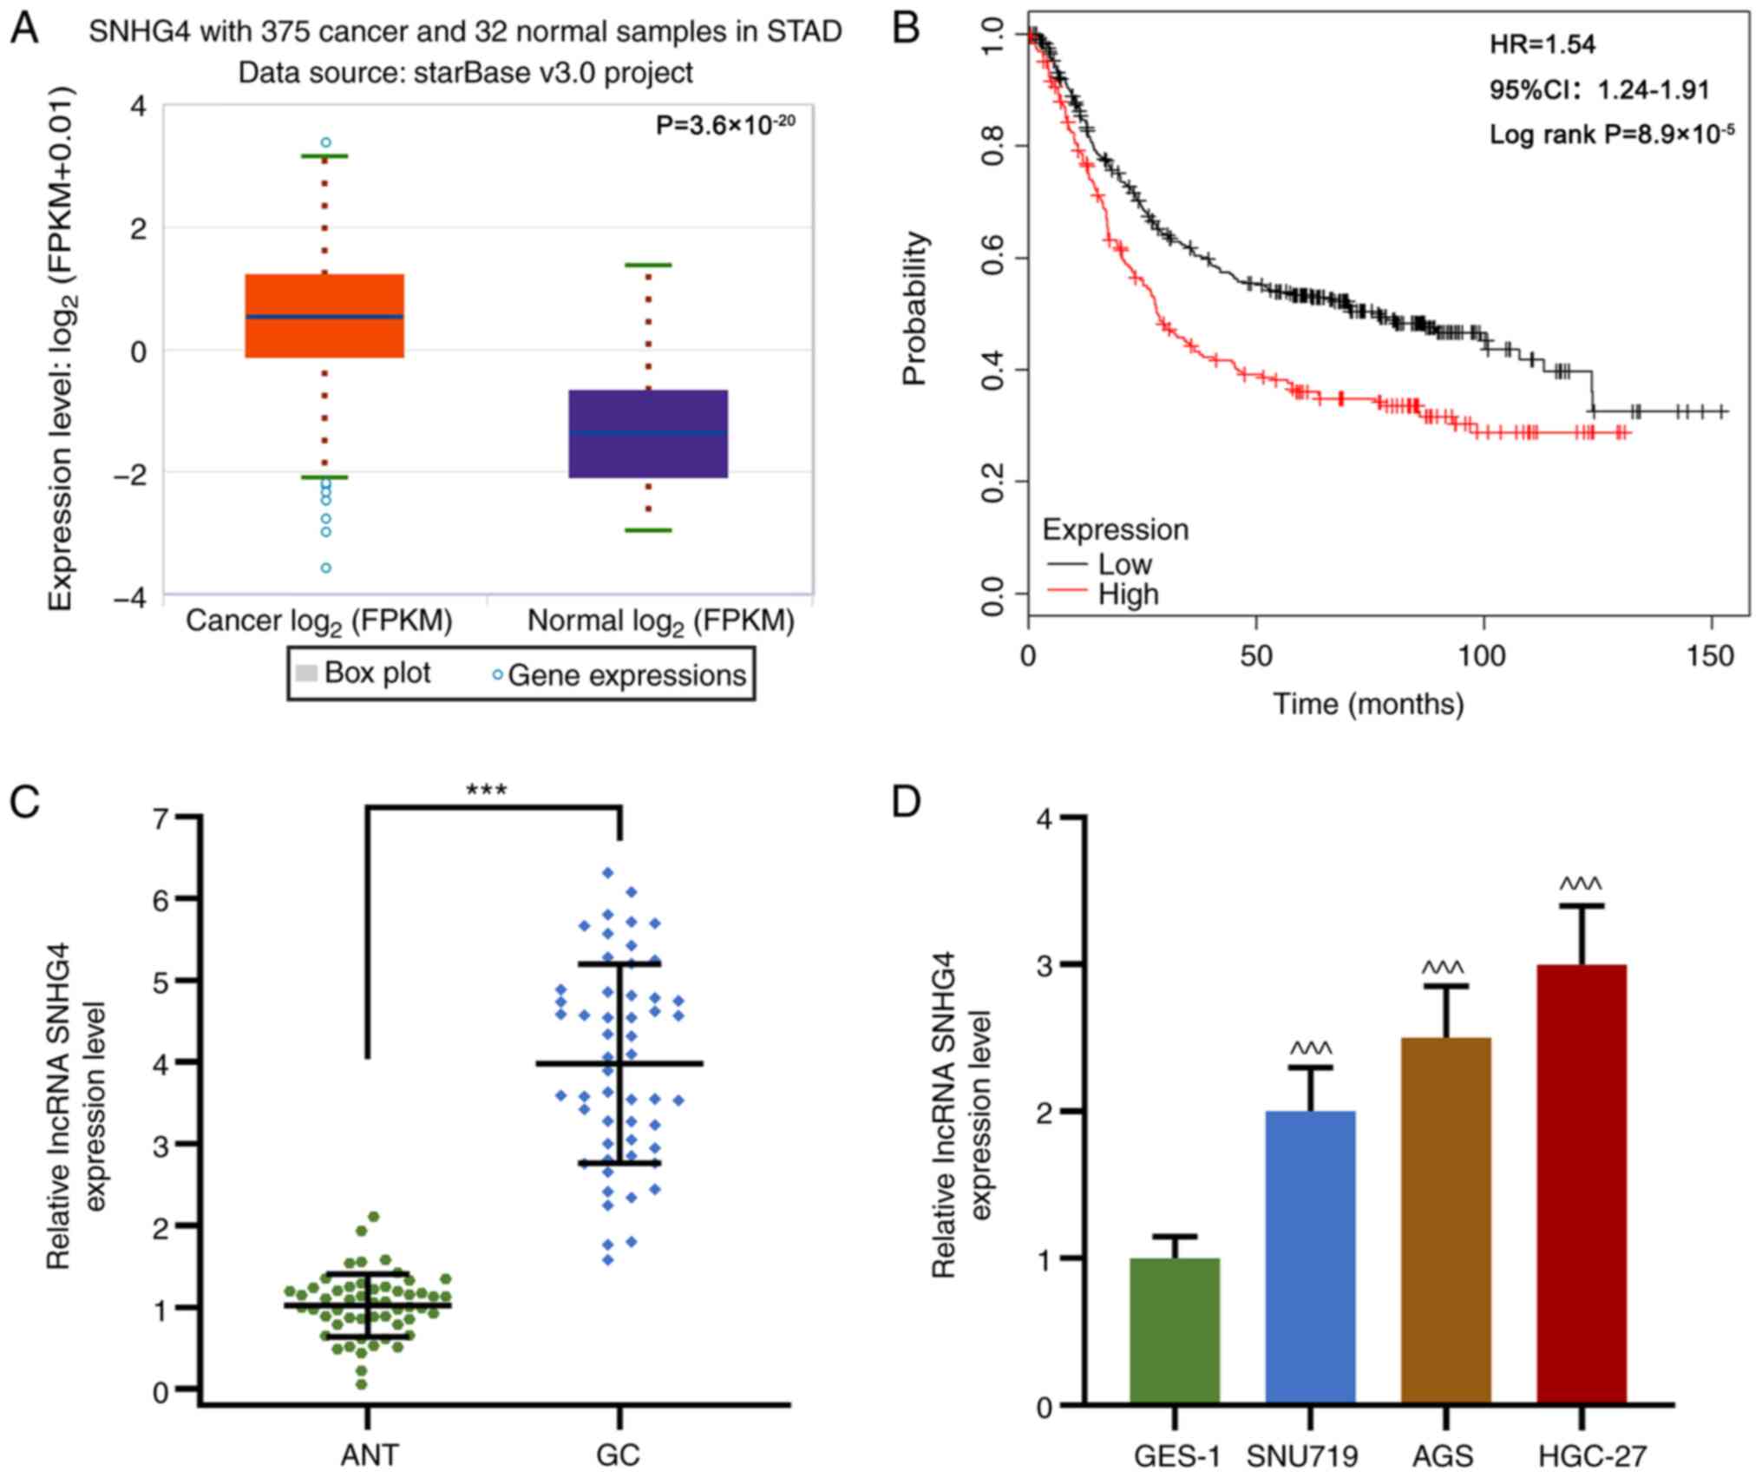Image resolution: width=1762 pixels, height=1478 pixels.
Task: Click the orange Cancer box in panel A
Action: [x=324, y=316]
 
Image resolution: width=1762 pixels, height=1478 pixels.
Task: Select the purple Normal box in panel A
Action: [x=648, y=433]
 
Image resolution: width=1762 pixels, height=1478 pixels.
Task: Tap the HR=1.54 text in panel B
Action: [x=1543, y=45]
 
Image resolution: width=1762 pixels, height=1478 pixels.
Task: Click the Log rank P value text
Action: [x=1612, y=134]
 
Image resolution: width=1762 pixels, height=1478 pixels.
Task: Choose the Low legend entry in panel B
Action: [x=1123, y=565]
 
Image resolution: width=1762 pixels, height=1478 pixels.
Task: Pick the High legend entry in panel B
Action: [x=1128, y=595]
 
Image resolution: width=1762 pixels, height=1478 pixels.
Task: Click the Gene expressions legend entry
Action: [x=625, y=675]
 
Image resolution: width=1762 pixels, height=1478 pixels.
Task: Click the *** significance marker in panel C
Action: [x=487, y=790]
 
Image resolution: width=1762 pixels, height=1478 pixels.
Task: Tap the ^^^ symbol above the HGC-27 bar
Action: [x=1581, y=885]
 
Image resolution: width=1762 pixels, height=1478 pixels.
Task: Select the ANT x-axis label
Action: [x=370, y=1455]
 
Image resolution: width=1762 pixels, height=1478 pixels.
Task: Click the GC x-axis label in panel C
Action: [x=619, y=1455]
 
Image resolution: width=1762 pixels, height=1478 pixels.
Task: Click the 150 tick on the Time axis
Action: [x=1711, y=656]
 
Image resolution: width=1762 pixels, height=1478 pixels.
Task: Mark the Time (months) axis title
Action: [x=1368, y=703]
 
